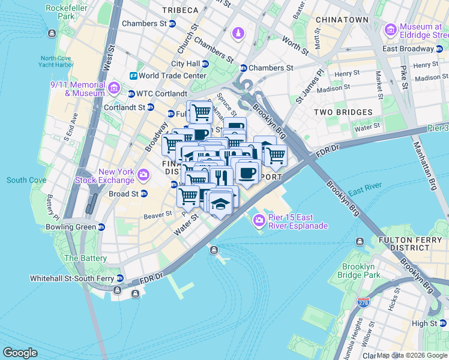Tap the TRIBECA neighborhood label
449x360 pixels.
point(179,10)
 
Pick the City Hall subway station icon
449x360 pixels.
point(205,64)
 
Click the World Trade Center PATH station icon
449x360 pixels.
point(133,76)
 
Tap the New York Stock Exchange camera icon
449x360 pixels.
point(143,175)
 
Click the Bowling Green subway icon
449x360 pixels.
point(101,227)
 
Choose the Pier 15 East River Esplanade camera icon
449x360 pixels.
point(259,220)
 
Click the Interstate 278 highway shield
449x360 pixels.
point(363,303)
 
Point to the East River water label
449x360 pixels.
point(363,191)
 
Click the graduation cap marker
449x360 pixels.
point(220,202)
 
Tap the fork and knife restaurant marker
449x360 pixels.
point(220,176)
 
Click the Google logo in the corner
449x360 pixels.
point(20,353)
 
